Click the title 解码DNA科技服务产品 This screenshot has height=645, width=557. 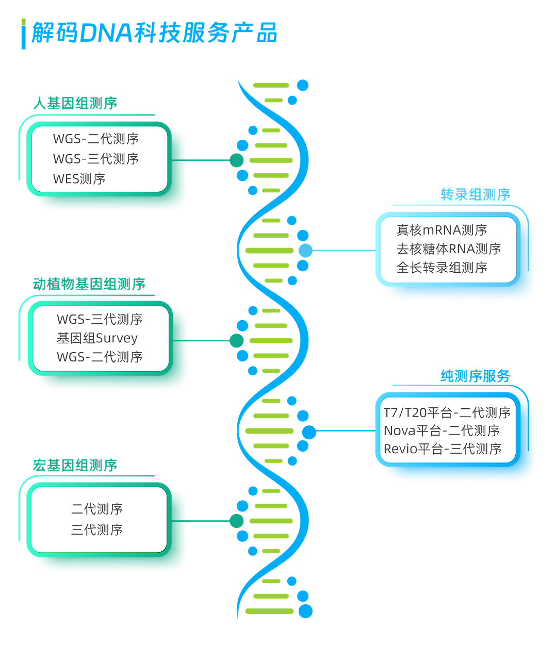(154, 32)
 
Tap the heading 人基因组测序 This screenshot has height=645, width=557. (75, 103)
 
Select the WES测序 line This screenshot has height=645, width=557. (79, 179)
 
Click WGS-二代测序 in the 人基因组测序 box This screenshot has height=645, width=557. (96, 139)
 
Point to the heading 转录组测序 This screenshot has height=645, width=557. (475, 195)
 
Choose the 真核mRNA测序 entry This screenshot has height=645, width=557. (442, 230)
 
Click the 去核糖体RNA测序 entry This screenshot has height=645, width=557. (449, 249)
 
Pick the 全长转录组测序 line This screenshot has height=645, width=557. (442, 268)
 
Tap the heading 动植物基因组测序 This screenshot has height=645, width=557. (89, 284)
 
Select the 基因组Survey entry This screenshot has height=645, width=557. (97, 338)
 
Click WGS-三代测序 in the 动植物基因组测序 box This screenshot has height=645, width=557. (100, 319)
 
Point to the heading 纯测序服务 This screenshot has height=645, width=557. (475, 376)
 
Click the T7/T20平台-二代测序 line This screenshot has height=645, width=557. (447, 412)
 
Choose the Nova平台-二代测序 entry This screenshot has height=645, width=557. (441, 431)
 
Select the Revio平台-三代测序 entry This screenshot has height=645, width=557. (443, 449)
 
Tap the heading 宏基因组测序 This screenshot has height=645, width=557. (75, 465)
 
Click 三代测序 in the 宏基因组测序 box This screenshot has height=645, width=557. (97, 530)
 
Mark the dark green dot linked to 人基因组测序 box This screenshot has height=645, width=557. (237, 160)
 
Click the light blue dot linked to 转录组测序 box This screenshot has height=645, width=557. (306, 251)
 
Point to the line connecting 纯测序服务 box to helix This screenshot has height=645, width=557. (346, 431)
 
